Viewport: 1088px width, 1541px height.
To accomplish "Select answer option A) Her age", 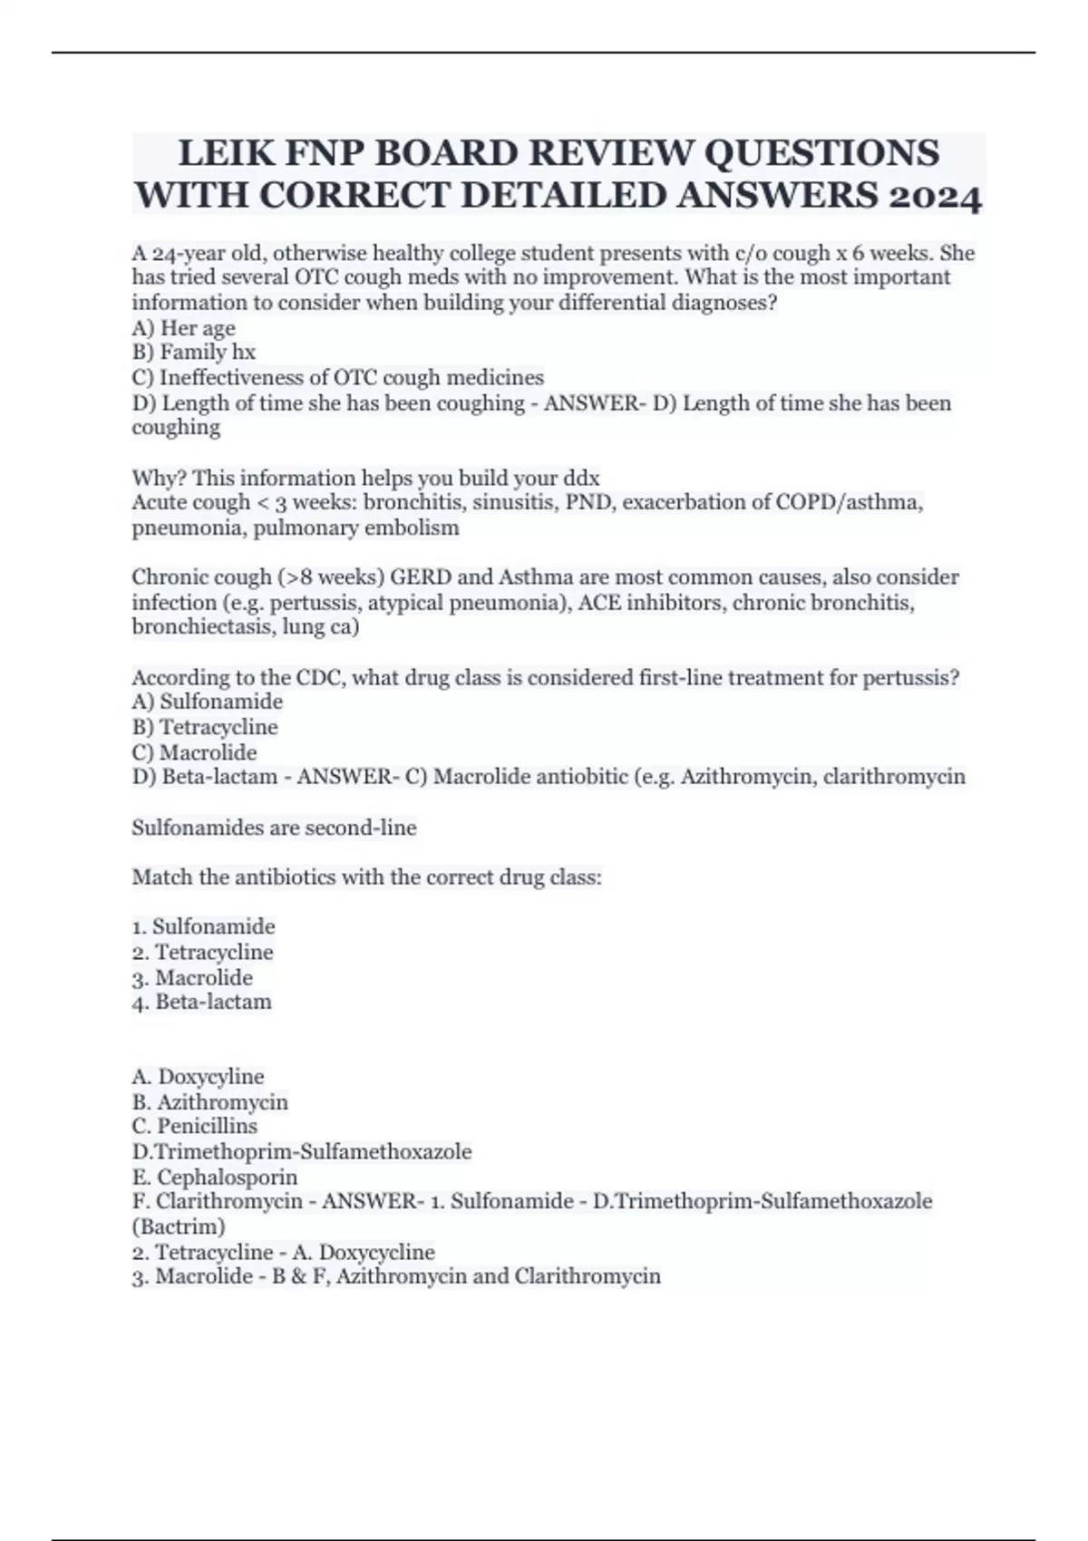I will click(183, 327).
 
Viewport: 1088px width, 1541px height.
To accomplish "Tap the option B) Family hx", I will click(193, 352).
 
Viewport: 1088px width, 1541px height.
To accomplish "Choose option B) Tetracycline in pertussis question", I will click(205, 727).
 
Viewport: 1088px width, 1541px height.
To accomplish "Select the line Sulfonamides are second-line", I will click(274, 828).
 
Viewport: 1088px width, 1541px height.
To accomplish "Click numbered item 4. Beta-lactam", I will click(201, 1002).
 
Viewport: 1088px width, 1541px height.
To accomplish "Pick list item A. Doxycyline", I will click(198, 1076).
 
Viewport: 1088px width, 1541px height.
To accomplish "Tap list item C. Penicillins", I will click(194, 1126).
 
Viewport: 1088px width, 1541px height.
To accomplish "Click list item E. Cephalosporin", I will click(214, 1177).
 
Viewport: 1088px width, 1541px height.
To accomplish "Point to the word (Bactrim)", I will click(179, 1226).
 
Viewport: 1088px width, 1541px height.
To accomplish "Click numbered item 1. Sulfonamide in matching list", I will click(203, 926).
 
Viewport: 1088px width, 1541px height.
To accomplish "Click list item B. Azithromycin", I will click(209, 1101).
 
